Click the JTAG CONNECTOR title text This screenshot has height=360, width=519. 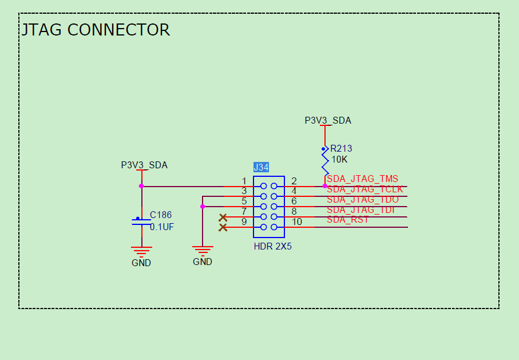point(96,30)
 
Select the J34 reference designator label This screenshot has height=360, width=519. point(261,167)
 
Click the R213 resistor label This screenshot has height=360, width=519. point(341,149)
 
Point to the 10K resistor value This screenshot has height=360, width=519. point(339,159)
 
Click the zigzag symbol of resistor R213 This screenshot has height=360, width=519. point(325,162)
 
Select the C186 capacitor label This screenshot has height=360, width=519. point(161,215)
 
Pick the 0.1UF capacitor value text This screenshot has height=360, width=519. point(162,227)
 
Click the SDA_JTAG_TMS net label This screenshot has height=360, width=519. point(362,179)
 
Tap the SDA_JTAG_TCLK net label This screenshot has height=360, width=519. point(365,189)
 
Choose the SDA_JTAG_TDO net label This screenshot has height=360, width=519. point(363,199)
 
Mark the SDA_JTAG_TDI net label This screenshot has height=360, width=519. point(361,209)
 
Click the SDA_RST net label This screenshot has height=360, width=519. point(348,220)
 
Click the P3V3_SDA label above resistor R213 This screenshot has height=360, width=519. point(328,121)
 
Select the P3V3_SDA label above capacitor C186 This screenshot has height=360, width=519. point(144,165)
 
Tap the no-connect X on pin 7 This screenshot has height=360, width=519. point(223,217)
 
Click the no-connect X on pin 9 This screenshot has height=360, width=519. point(223,228)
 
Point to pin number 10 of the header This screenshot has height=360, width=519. point(297,222)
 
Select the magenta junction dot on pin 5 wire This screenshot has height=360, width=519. point(203,207)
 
